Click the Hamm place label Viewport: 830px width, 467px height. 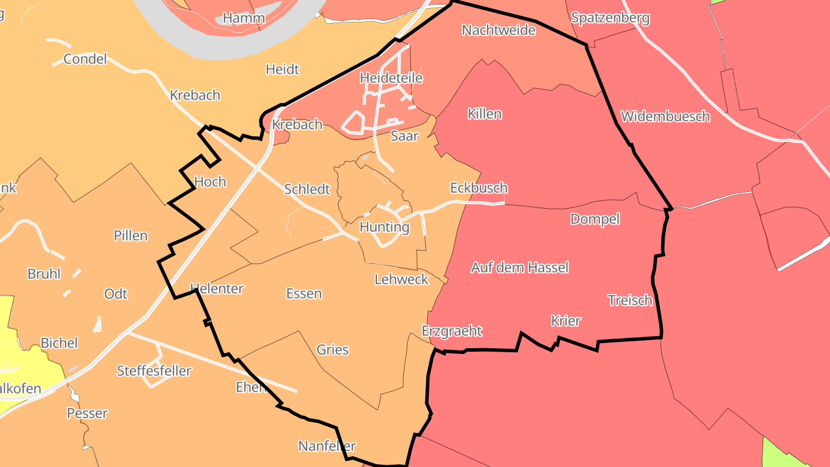[x=243, y=18]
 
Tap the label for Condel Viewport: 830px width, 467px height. [x=85, y=59]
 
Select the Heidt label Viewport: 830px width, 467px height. [x=282, y=70]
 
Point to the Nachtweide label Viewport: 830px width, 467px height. [x=499, y=30]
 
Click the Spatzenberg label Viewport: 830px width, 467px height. [x=610, y=18]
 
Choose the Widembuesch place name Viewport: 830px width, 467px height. [x=665, y=116]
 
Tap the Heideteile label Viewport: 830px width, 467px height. [x=391, y=78]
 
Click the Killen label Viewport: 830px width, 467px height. [x=484, y=114]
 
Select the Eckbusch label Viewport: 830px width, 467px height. [x=478, y=188]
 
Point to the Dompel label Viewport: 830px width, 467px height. [x=595, y=219]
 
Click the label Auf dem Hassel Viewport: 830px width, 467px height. [x=519, y=268]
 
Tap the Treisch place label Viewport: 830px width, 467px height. [x=630, y=300]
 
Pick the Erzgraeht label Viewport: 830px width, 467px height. [x=451, y=332]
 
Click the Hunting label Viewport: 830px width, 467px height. [x=384, y=227]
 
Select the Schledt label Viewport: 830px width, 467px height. [x=307, y=189]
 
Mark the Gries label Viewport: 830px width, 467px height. [x=333, y=350]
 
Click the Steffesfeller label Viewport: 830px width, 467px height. [x=154, y=371]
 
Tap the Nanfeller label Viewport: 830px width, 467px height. [x=327, y=446]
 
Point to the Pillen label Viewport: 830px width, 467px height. [x=131, y=236]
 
